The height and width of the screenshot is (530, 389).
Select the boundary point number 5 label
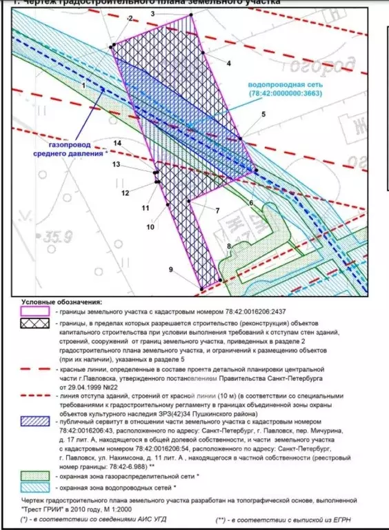pyautogui.click(x=263, y=114)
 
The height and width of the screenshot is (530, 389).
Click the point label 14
pyautogui.click(x=117, y=143)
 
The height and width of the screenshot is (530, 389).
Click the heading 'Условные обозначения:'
pyautogui.click(x=61, y=302)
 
